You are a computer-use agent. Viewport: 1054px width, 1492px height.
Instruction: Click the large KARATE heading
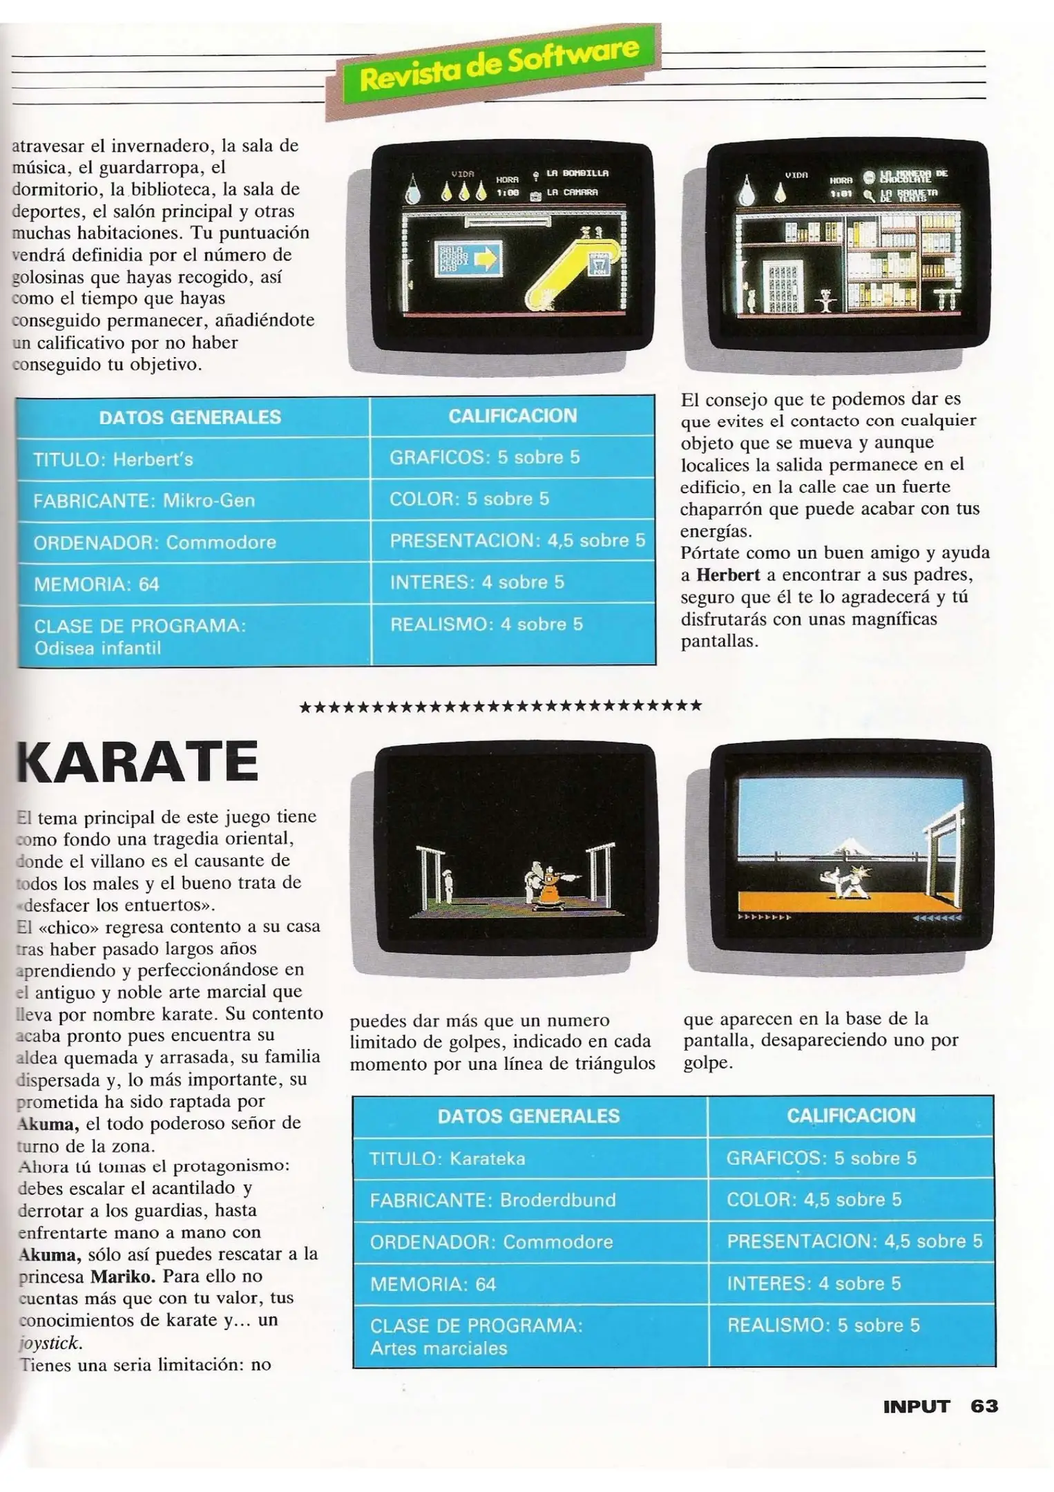137,761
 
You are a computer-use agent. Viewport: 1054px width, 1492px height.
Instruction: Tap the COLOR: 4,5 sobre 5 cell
851,1200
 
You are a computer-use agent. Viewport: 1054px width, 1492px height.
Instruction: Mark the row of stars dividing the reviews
501,706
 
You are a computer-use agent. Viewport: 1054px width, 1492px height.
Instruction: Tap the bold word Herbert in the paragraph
728,575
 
